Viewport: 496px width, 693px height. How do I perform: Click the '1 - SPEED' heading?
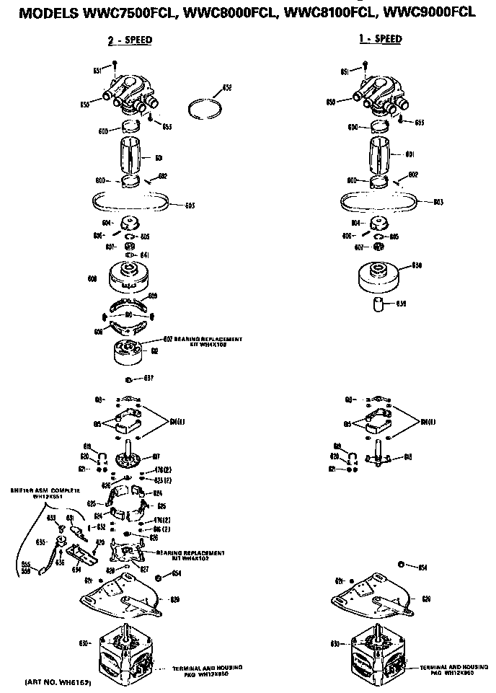(380, 40)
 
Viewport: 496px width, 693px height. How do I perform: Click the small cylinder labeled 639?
(381, 304)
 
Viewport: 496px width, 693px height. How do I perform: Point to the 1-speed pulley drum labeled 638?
(379, 275)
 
